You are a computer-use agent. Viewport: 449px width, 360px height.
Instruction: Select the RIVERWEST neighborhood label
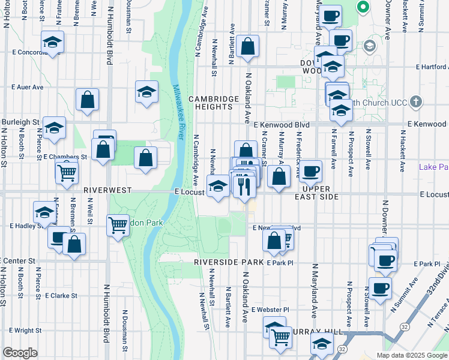[x=107, y=190]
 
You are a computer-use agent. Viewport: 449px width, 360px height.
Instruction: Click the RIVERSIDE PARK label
[x=229, y=263]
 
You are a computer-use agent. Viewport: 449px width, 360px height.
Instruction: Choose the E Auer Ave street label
[x=28, y=87]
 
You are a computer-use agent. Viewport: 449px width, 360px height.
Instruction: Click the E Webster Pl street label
[x=270, y=310]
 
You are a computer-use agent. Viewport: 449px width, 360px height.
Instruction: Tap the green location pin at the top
[x=363, y=8]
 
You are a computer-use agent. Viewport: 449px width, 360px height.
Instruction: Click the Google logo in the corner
[x=20, y=352]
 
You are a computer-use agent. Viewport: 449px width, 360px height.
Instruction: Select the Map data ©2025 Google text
[x=412, y=355]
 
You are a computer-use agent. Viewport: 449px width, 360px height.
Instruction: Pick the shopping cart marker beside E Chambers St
[x=67, y=172]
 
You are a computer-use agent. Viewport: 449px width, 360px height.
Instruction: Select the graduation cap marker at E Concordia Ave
[x=53, y=43]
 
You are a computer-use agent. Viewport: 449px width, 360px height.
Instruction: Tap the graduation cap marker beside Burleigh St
[x=55, y=128]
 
